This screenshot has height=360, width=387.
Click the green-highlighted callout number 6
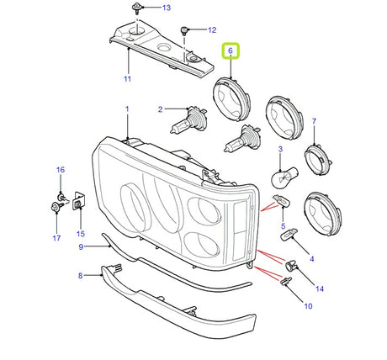coord(231,50)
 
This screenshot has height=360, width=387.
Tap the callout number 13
coord(167,8)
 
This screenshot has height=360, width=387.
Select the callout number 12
coord(212,30)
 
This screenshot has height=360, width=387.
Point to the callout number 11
coord(128,79)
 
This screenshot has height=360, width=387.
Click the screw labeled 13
coord(136,8)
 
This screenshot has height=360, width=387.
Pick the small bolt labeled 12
coord(185,30)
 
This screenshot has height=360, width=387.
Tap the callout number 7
coord(314,121)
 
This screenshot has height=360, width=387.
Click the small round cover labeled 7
coord(318,159)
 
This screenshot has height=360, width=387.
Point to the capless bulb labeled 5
coord(281,201)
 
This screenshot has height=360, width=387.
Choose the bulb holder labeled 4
coord(289,234)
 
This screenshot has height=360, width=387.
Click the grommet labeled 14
coord(291,265)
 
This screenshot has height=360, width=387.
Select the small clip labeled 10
coord(285,282)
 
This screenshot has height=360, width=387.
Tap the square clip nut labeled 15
coord(78,201)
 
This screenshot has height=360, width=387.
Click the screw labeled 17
coord(56,208)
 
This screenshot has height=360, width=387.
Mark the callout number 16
coord(61,170)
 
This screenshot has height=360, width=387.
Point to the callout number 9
coord(81,247)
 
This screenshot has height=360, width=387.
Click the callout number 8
coord(81,276)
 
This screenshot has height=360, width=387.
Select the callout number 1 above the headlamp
coord(127,109)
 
